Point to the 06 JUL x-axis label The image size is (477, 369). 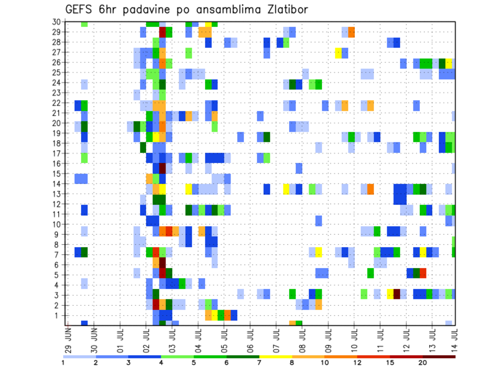pyautogui.click(x=249, y=338)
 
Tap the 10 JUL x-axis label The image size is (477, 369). pyautogui.click(x=353, y=338)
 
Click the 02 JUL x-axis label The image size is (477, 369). pyautogui.click(x=146, y=338)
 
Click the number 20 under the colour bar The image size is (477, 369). pyautogui.click(x=423, y=362)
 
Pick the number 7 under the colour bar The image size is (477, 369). pyautogui.click(x=259, y=362)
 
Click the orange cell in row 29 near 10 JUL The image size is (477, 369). pyautogui.click(x=351, y=32)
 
